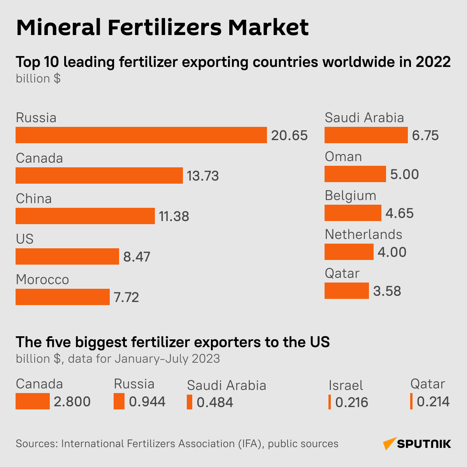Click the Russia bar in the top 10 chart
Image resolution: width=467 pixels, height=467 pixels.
[x=141, y=135]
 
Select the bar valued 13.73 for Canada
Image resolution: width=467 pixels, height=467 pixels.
[x=99, y=176]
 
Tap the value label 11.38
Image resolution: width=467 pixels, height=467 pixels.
[x=174, y=216]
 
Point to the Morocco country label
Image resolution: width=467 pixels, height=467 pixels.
[x=42, y=279]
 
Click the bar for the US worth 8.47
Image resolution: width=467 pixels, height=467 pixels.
[x=67, y=256]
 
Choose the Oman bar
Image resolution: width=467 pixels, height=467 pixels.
[x=355, y=174]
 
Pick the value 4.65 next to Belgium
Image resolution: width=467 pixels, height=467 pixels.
[x=399, y=213]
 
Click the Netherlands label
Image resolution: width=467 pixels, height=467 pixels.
[x=363, y=234]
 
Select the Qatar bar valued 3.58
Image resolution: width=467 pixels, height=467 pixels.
[x=346, y=291]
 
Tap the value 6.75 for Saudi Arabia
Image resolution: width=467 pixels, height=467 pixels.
[x=425, y=135]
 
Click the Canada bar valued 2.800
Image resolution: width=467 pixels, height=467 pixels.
[x=32, y=401]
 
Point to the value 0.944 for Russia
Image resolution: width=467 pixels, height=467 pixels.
[x=147, y=402]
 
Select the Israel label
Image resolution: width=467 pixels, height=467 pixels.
[x=346, y=385]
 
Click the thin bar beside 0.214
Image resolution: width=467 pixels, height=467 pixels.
[x=411, y=401]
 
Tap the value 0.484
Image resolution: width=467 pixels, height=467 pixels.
[x=215, y=402]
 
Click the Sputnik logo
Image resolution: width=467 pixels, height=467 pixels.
[x=417, y=444]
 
